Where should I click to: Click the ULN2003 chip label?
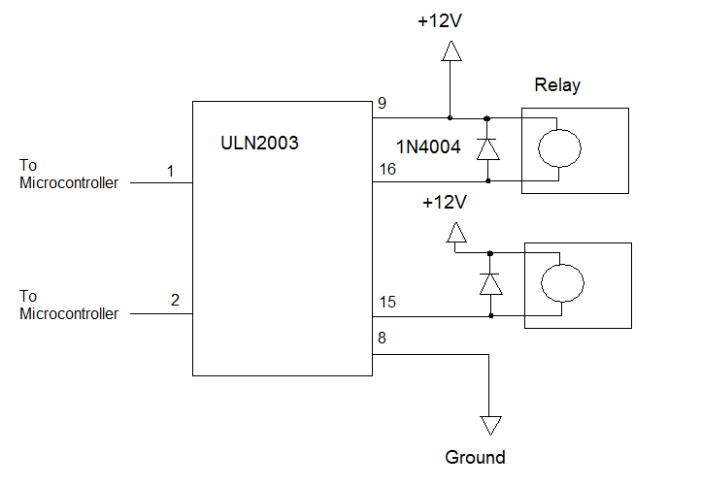click(259, 143)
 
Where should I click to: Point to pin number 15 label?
click(387, 303)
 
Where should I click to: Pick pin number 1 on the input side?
click(170, 172)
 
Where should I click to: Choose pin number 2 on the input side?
click(175, 300)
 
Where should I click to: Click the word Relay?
click(557, 85)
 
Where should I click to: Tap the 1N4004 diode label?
click(427, 146)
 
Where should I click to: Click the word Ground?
click(475, 457)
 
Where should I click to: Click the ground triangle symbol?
click(490, 425)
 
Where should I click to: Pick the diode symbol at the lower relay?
click(490, 283)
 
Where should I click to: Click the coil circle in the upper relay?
click(560, 149)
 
